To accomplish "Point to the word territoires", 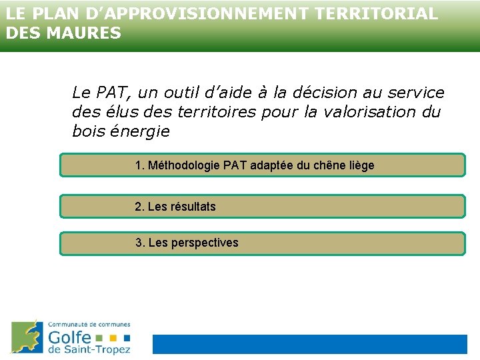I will (218, 112).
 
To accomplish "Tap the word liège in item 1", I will (361, 165).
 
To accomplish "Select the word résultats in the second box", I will (193, 207).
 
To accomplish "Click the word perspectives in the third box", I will (205, 243).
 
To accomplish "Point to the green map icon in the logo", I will (27, 337).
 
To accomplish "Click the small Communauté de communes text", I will (89, 325).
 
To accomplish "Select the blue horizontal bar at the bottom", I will (310, 344).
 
